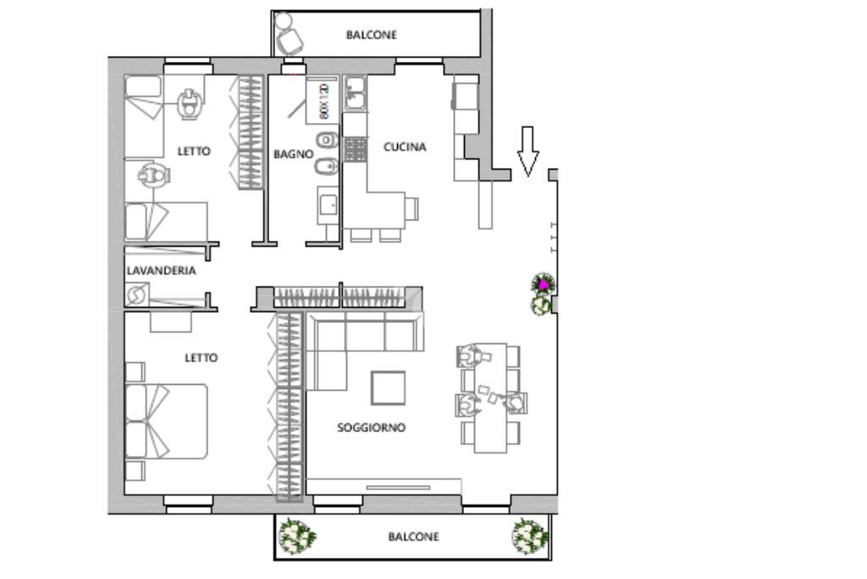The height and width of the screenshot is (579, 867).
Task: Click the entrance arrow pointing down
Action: click(x=527, y=151)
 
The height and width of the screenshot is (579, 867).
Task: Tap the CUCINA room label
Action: click(x=405, y=147)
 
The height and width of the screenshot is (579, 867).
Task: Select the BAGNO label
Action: click(x=293, y=154)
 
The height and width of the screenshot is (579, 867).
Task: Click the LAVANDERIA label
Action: click(x=161, y=271)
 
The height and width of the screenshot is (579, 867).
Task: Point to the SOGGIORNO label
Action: click(x=371, y=428)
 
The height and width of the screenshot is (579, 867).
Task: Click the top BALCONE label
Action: click(x=371, y=36)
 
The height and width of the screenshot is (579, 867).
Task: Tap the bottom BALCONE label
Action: click(x=413, y=537)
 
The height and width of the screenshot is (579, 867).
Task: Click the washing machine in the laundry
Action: click(x=136, y=295)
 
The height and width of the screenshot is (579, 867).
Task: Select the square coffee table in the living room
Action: click(x=389, y=388)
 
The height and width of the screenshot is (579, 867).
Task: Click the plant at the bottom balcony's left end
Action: click(x=297, y=536)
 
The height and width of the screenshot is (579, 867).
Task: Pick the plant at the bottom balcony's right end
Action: click(x=530, y=536)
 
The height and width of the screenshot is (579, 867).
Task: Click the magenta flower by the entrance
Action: click(x=542, y=285)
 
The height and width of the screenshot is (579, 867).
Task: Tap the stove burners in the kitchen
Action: click(x=355, y=150)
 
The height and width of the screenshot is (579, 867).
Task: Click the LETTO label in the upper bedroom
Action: click(x=194, y=152)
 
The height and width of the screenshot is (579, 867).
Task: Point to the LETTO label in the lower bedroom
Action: click(x=201, y=358)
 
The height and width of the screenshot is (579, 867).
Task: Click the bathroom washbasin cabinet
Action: click(x=328, y=205)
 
